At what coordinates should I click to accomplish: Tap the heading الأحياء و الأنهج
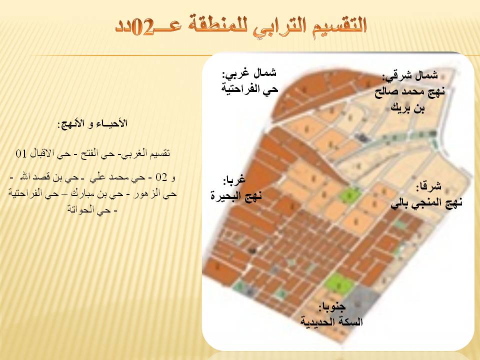[x=92, y=123]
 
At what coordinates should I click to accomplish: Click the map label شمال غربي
[x=249, y=74]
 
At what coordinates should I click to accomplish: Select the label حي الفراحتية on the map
[x=250, y=89]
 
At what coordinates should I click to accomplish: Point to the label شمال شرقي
[x=410, y=76]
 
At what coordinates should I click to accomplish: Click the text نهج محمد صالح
[x=409, y=92]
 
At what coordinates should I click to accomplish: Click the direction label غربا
[x=234, y=180]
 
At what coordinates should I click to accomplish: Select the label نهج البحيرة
[x=236, y=196]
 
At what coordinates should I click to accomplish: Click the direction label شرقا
[x=428, y=186]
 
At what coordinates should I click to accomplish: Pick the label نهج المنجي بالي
[x=426, y=203]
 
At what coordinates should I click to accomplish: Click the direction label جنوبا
[x=332, y=306]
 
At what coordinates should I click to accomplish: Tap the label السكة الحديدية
[x=331, y=321]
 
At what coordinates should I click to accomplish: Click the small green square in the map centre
[x=349, y=194]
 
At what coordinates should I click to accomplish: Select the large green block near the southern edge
[x=338, y=284]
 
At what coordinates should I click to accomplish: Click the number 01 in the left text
[x=21, y=153]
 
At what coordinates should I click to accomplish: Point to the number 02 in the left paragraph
[x=161, y=177]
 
